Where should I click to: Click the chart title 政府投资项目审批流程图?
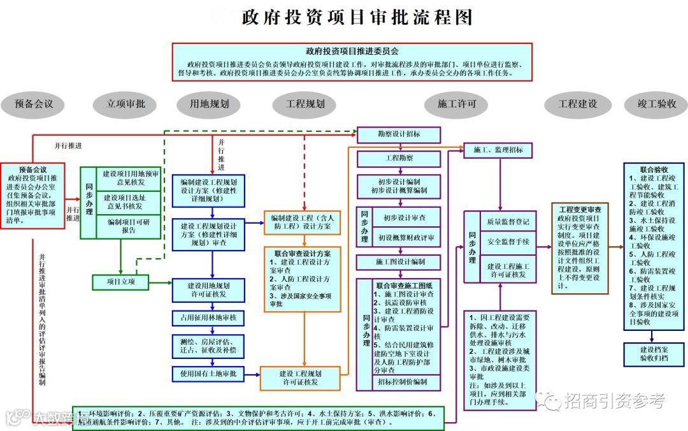tap(357, 17)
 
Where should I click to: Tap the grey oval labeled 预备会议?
tap(34, 104)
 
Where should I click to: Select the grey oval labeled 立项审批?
tap(125, 104)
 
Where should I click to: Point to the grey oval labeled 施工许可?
tap(457, 104)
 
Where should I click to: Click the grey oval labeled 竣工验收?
tap(657, 104)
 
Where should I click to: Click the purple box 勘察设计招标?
tap(398, 135)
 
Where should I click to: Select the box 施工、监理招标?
tap(498, 150)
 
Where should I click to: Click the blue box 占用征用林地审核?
tap(208, 318)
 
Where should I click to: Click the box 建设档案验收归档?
tap(654, 354)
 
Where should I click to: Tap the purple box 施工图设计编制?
tap(399, 262)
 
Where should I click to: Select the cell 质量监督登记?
tap(508, 223)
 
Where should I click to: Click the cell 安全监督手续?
tap(508, 242)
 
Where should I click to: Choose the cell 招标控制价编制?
tap(406, 382)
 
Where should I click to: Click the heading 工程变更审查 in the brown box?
tap(580, 209)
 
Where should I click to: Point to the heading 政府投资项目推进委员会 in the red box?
tap(352, 51)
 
